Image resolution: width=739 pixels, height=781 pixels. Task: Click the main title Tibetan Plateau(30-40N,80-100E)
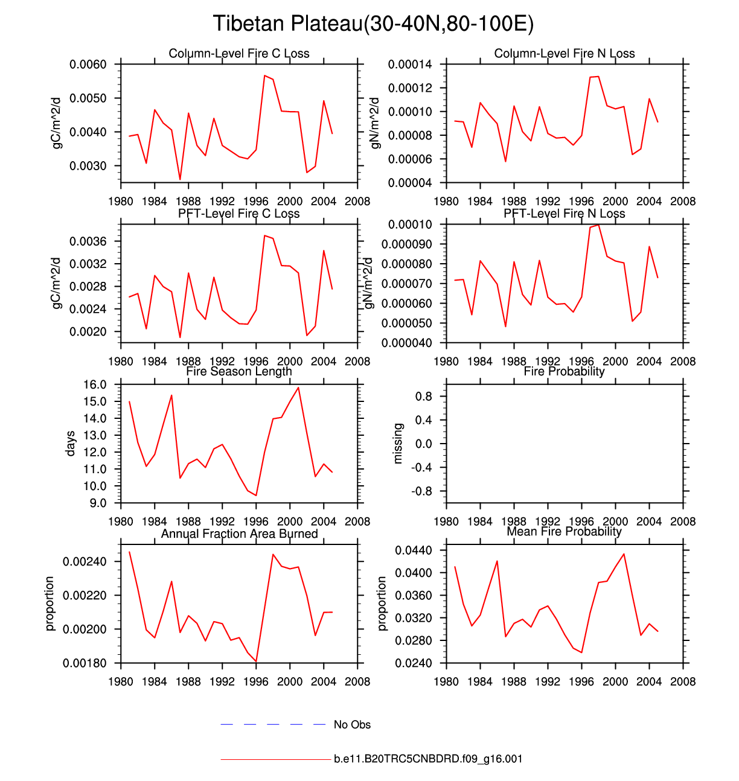pos(373,24)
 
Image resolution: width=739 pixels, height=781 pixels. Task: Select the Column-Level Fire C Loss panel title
pos(239,54)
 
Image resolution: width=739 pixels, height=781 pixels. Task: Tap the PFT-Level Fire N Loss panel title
pos(564,214)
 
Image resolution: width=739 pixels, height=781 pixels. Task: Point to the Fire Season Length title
pos(239,371)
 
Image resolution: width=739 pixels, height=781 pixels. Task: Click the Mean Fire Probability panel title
pos(564,532)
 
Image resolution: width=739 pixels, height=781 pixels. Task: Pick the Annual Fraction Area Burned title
pos(239,534)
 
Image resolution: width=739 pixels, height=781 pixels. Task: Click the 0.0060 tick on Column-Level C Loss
pos(88,65)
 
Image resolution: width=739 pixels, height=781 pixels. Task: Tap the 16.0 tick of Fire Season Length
pos(94,384)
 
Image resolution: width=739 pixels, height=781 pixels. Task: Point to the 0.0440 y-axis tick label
pos(414,550)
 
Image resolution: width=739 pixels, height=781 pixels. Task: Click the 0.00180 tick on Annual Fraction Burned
pos(85,663)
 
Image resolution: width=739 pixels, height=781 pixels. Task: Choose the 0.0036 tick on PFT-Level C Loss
pos(88,241)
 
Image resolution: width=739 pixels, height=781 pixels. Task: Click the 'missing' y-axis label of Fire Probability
pos(397,444)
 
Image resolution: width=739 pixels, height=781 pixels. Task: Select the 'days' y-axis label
pos(71,444)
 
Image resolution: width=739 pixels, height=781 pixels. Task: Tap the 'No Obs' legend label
pos(352,725)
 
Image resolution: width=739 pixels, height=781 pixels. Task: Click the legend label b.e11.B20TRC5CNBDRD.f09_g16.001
pos(428,759)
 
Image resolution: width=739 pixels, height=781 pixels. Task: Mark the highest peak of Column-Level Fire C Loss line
pos(264,75)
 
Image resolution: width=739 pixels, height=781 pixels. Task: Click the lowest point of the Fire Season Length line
pos(257,496)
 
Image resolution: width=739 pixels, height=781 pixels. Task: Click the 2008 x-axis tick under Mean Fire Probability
pos(683,681)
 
